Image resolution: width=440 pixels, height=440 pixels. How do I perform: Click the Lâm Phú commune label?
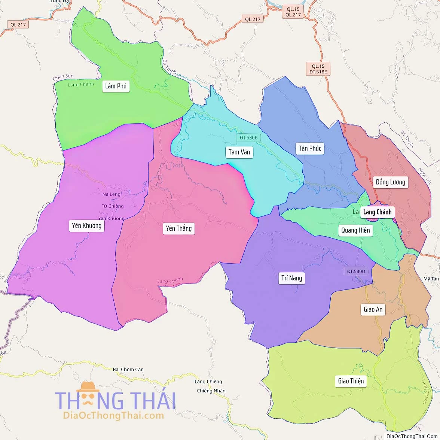(x=116, y=86)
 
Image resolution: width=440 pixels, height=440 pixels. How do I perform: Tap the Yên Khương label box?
(x=86, y=225)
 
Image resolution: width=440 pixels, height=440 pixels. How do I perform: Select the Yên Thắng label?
(x=179, y=228)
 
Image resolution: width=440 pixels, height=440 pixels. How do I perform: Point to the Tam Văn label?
(x=239, y=152)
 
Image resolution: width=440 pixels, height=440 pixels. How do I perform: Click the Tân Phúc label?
(x=310, y=148)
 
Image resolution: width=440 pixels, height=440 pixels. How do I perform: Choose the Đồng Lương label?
(x=390, y=182)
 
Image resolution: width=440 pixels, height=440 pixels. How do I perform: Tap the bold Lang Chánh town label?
(x=377, y=212)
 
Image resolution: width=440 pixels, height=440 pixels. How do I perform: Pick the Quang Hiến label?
(x=355, y=230)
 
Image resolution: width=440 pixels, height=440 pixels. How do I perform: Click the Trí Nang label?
(x=291, y=278)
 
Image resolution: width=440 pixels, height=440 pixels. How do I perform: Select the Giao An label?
(x=373, y=309)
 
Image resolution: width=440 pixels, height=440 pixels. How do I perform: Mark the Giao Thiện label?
(x=351, y=381)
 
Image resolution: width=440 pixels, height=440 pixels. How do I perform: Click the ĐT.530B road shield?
(x=248, y=138)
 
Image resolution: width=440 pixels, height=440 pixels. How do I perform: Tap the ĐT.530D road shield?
(x=355, y=271)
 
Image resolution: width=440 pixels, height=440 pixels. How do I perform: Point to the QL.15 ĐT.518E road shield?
(x=318, y=69)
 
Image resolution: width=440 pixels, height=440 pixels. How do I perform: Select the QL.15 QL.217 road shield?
(x=293, y=12)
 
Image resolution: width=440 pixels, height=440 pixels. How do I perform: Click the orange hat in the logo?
(x=88, y=386)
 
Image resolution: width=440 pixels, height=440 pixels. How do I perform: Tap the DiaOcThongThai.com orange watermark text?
(x=113, y=415)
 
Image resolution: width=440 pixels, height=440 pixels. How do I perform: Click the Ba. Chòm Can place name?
(x=128, y=369)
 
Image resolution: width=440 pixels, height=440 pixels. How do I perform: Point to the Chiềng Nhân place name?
(x=211, y=391)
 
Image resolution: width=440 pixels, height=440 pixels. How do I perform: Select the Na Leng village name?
(x=111, y=194)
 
